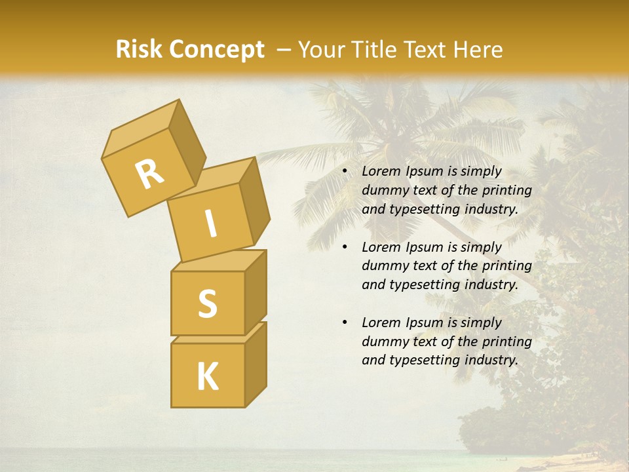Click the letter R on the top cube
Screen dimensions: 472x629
149,175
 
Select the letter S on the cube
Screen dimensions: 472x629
207,304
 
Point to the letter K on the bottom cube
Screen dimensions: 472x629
207,377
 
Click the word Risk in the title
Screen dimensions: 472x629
139,50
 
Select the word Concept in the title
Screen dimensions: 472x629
216,50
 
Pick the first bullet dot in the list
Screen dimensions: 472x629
345,172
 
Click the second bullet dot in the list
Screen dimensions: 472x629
345,247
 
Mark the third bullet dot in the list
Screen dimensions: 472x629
345,323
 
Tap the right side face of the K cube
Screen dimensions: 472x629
256,364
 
